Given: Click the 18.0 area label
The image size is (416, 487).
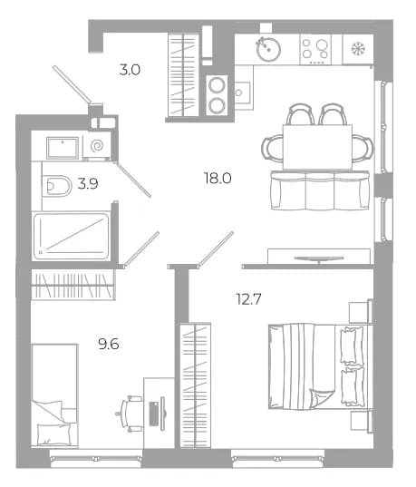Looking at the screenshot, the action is (218, 179).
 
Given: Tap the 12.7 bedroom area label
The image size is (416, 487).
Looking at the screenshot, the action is (248, 299).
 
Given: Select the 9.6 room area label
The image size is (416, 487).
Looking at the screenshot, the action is (109, 344).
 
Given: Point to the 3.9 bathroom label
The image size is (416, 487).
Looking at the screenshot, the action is (88, 183).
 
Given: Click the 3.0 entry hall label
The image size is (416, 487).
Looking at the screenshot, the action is (130, 70).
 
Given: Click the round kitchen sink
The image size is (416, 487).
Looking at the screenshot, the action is (268, 49).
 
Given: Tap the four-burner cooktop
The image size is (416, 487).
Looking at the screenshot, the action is (315, 49).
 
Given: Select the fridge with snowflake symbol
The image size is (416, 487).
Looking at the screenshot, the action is (358, 49).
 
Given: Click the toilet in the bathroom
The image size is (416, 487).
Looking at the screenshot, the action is (57, 186).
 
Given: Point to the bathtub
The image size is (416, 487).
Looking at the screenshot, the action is (72, 237).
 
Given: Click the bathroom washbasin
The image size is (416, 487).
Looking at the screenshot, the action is (63, 148).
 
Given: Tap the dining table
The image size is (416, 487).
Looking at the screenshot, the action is (317, 147).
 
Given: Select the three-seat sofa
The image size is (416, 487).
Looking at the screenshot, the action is (320, 190).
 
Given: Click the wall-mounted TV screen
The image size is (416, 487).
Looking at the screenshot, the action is (319, 258).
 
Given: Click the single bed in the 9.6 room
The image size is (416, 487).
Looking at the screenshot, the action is (54, 395).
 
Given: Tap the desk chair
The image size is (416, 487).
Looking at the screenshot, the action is (129, 414).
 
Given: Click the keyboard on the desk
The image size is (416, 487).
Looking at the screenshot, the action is (154, 414).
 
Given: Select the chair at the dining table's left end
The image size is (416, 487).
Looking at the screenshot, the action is (272, 148).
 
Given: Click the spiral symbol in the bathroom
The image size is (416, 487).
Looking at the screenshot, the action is (98, 145).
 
